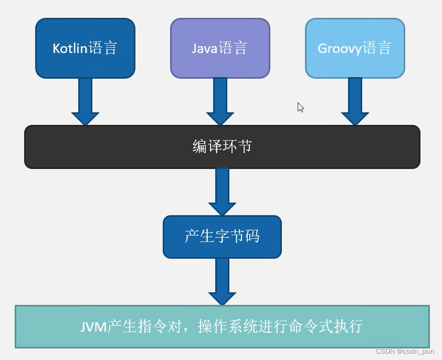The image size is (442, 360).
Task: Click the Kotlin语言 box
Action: (85, 48)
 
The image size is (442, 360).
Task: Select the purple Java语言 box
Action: (220, 48)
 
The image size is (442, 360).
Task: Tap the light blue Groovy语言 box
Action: (355, 48)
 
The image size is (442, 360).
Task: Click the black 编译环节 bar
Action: (222, 146)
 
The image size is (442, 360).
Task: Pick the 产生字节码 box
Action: (222, 236)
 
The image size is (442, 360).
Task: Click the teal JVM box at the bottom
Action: (222, 326)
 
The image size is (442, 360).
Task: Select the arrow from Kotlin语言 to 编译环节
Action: (85, 102)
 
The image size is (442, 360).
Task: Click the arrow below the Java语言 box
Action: (220, 102)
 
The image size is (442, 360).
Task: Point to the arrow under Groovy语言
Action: (355, 102)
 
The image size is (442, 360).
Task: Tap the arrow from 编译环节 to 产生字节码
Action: (222, 192)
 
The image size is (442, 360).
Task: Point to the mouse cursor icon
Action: (300, 107)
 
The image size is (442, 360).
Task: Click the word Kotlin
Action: (69, 48)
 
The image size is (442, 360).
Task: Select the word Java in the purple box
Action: (204, 49)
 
